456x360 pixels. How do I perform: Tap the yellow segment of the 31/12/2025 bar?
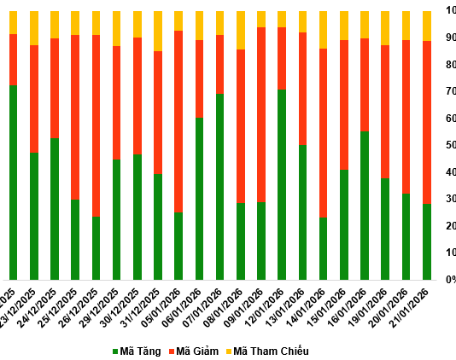tap(158, 31)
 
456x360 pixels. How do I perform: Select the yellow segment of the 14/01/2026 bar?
tap(323, 30)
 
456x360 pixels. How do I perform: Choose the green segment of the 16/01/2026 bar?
tap(365, 205)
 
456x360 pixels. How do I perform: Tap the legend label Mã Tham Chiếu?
tap(271, 351)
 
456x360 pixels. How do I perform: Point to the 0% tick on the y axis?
tap(448, 280)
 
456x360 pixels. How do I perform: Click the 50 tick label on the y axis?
tap(449, 145)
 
